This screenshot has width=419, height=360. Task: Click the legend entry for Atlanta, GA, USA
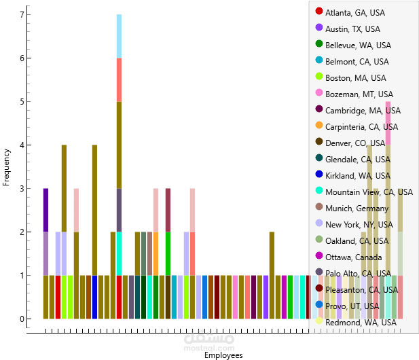tap(352, 13)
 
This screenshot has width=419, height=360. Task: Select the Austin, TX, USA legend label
tap(352, 29)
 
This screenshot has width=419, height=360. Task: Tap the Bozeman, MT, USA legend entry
tap(359, 94)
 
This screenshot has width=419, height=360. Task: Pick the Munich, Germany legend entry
tap(357, 209)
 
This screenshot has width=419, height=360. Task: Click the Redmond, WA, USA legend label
tap(361, 323)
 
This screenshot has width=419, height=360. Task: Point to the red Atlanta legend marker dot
tap(319, 12)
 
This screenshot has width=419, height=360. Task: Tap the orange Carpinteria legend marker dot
tap(319, 126)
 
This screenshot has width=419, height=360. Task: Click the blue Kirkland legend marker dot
tap(319, 175)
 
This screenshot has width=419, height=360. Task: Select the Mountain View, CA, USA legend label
tap(366, 192)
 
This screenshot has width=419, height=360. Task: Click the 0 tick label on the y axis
tap(22, 319)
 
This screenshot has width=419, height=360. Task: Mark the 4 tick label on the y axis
tap(22, 145)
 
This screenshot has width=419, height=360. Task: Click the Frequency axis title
tap(7, 167)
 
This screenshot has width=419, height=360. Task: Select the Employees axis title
tap(223, 355)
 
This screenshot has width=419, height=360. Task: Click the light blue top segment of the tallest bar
tap(119, 36)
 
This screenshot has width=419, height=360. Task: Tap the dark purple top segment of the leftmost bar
tap(45, 210)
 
